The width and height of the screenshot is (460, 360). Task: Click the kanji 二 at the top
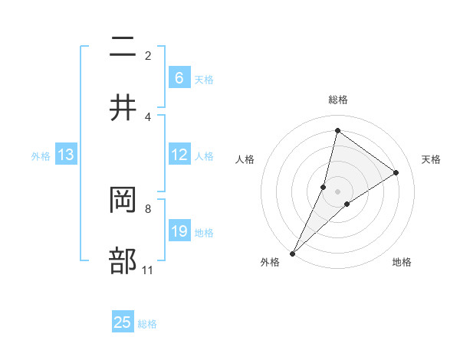123,48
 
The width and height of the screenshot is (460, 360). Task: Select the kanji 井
123,108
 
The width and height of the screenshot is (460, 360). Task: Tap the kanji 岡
123,201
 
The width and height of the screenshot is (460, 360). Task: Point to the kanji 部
123,261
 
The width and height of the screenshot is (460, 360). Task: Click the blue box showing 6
179,78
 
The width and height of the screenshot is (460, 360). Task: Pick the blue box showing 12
179,155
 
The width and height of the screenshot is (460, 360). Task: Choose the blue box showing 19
179,231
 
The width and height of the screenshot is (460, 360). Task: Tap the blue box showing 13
66,155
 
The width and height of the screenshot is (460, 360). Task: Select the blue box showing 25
123,322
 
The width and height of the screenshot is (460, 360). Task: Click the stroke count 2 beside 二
148,55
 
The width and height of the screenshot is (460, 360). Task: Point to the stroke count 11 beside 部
148,270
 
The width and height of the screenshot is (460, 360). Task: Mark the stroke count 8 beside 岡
148,208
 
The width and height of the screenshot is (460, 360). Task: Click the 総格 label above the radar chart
338,100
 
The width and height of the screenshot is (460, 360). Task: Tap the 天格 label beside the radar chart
432,159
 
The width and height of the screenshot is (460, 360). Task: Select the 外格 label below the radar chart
270,262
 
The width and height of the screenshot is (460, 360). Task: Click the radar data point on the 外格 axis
293,253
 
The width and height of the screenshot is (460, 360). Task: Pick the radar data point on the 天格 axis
396,172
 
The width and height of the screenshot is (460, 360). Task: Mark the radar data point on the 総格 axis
337,131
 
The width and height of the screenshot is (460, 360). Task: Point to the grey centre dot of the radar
338,191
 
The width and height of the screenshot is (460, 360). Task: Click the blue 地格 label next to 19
204,232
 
